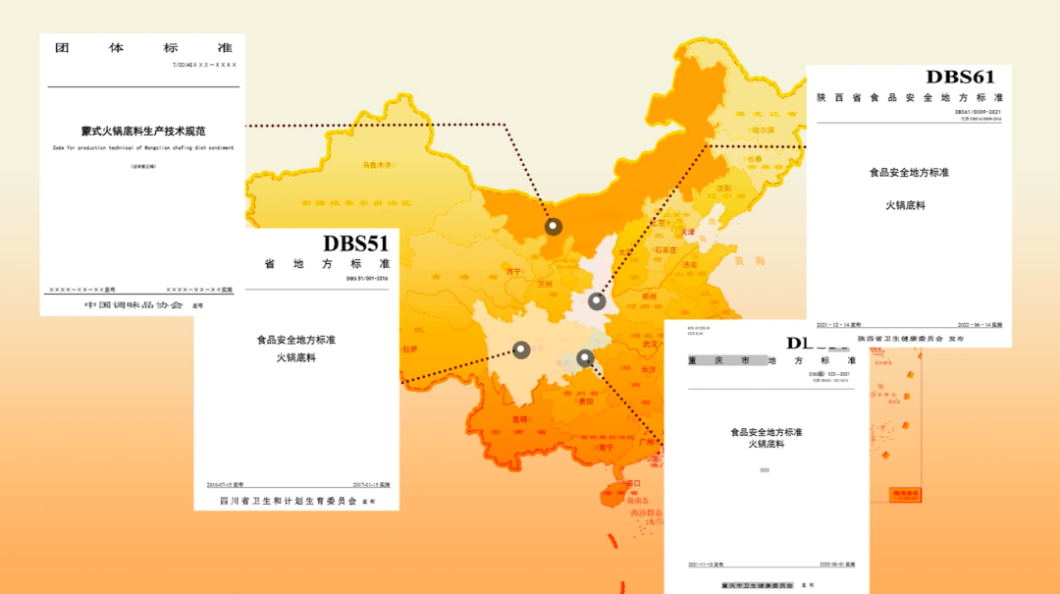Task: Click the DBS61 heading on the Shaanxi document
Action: pyautogui.click(x=960, y=78)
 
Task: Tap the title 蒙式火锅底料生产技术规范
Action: pyautogui.click(x=142, y=131)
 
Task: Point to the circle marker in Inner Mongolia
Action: pyautogui.click(x=554, y=227)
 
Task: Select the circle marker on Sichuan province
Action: pyautogui.click(x=521, y=350)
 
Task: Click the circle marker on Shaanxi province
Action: pyautogui.click(x=597, y=301)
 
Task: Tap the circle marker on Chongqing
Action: pyautogui.click(x=585, y=357)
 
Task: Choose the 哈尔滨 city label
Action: pyautogui.click(x=762, y=130)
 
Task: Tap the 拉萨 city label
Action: pyautogui.click(x=410, y=349)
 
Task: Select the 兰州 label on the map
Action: pyautogui.click(x=546, y=283)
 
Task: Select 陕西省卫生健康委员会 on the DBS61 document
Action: pyautogui.click(x=900, y=338)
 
